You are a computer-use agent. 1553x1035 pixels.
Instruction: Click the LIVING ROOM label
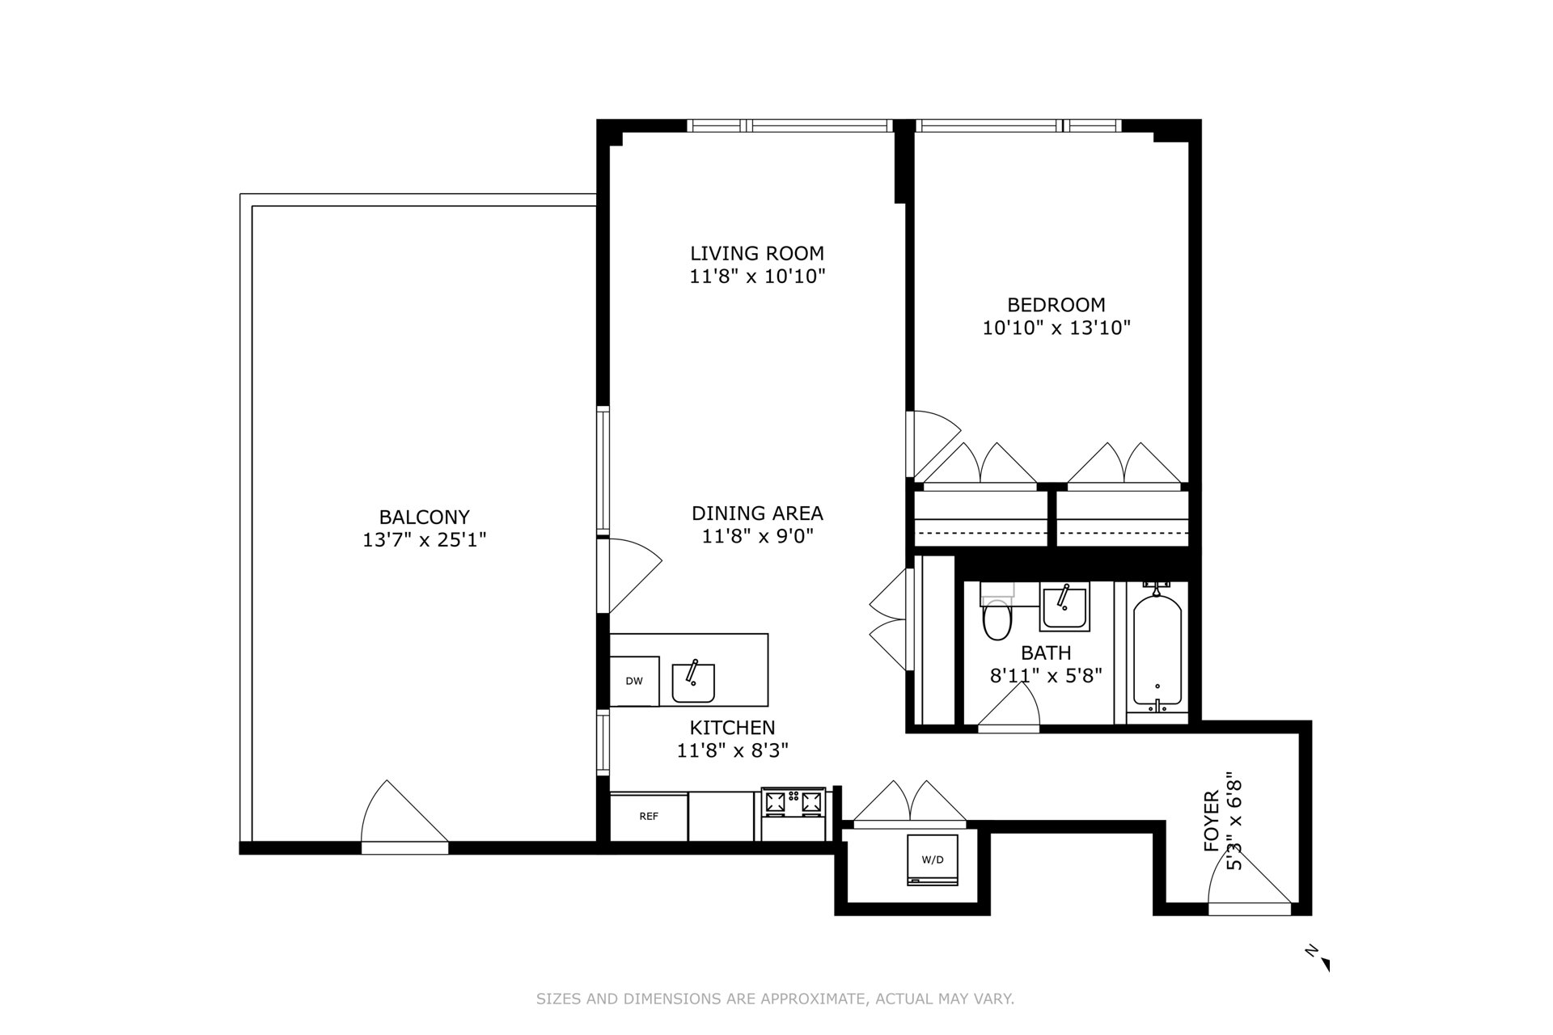tap(757, 253)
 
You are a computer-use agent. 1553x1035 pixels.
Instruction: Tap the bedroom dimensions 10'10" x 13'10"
tap(1056, 327)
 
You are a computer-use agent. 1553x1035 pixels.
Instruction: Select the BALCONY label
tap(425, 517)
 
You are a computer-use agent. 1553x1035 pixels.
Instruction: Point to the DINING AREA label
tap(757, 513)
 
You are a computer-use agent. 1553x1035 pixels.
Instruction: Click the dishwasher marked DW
tap(634, 681)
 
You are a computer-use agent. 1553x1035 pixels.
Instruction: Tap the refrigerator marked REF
tap(649, 817)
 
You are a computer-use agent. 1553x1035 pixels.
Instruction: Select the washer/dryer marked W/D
tap(933, 860)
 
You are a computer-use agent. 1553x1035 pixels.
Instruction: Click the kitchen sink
tap(693, 682)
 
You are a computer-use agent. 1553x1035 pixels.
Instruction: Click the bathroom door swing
tap(1009, 712)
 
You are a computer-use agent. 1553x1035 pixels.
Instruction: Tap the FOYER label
tap(1211, 822)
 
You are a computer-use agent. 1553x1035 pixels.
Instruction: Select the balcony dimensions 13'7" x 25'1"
tap(425, 539)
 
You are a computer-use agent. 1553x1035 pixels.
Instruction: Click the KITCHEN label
tap(733, 728)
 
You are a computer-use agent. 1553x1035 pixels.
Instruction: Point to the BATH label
tap(1047, 653)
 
